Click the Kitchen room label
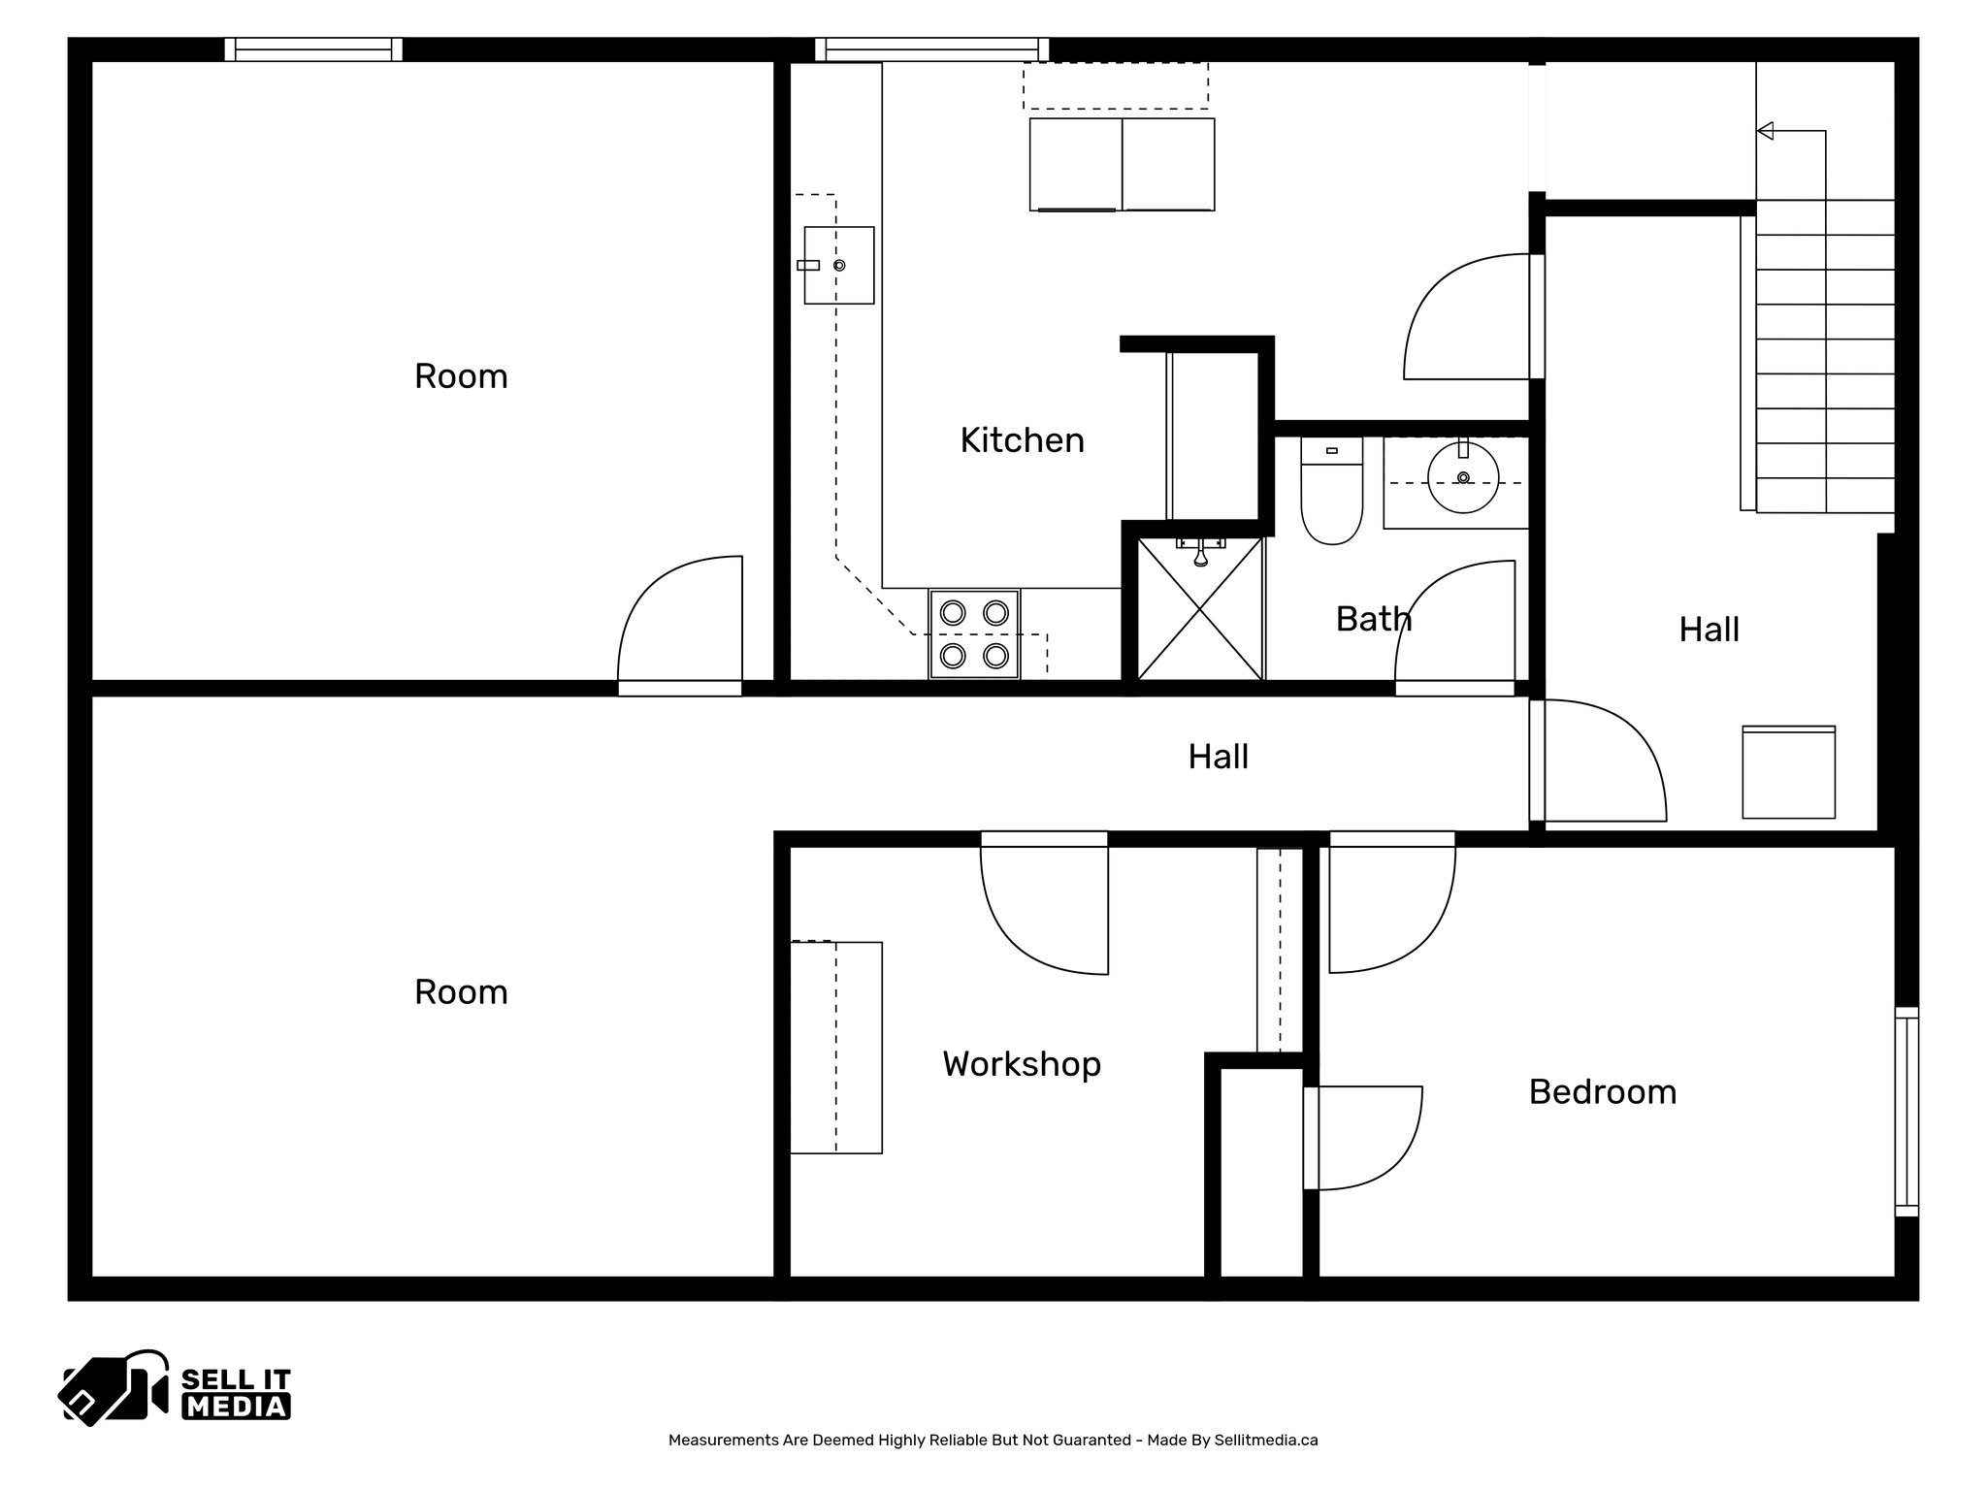(x=1022, y=440)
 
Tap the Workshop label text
(x=1022, y=1064)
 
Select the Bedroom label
(x=1602, y=1092)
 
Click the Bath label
(x=1373, y=619)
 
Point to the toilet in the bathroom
(x=1331, y=495)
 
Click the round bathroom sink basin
(x=1463, y=477)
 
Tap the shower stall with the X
(x=1200, y=609)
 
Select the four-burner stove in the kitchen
(x=974, y=634)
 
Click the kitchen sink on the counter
(x=838, y=265)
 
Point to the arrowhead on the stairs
(x=1766, y=130)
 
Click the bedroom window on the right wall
(x=1906, y=1111)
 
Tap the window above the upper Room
(x=313, y=49)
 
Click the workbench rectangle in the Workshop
(x=835, y=1047)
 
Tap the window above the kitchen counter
(x=931, y=49)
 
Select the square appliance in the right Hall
(x=1788, y=772)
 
